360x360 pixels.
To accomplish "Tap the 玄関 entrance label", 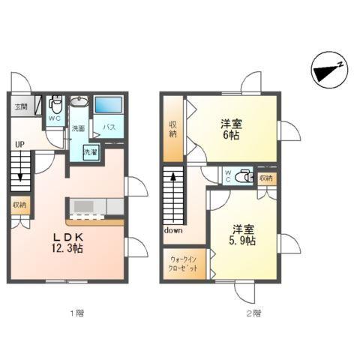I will tap(21, 107).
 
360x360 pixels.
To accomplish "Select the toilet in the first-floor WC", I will tap(55, 104).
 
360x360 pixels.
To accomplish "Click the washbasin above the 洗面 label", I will tap(78, 102).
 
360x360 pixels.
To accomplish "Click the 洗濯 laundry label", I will tap(90, 152).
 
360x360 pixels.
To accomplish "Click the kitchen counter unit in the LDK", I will tap(95, 205).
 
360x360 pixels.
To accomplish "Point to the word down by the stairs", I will tap(173, 230).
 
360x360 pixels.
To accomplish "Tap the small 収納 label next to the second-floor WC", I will tap(266, 178).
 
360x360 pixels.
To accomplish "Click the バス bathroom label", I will tap(109, 127).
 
